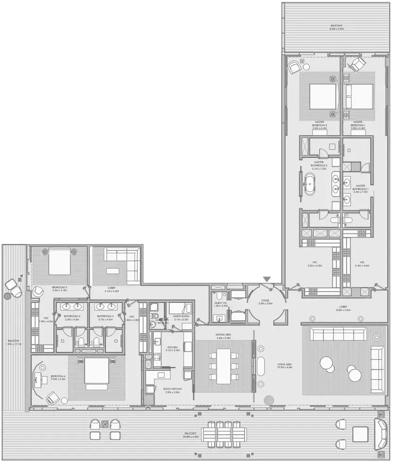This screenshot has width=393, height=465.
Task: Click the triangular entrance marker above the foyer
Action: pyautogui.click(x=267, y=279)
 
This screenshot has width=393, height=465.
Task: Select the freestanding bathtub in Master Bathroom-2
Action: pyautogui.click(x=310, y=184)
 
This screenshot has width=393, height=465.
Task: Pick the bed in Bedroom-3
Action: pyautogui.click(x=58, y=261)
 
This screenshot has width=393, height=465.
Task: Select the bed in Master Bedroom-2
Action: pyautogui.click(x=323, y=97)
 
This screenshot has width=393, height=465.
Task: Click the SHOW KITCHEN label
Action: pyautogui.click(x=172, y=390)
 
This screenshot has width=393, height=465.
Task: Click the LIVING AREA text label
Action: pyautogui.click(x=285, y=364)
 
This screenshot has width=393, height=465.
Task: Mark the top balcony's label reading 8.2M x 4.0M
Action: pyautogui.click(x=336, y=27)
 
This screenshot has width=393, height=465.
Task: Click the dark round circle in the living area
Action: pyautogui.click(x=269, y=400)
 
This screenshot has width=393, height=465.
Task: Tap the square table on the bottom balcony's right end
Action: pyautogui.click(x=360, y=433)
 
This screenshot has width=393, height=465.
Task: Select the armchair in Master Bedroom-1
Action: pyautogui.click(x=358, y=64)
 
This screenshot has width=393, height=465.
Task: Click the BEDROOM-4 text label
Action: pyautogui.click(x=59, y=377)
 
